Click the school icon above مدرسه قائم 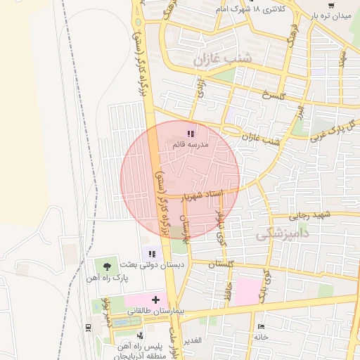tap(190, 133)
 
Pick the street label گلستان tap(221, 264)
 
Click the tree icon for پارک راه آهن tap(106, 266)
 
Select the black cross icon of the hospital tap(155, 300)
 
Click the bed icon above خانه tap(262, 327)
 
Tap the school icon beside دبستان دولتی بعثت tap(150, 253)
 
